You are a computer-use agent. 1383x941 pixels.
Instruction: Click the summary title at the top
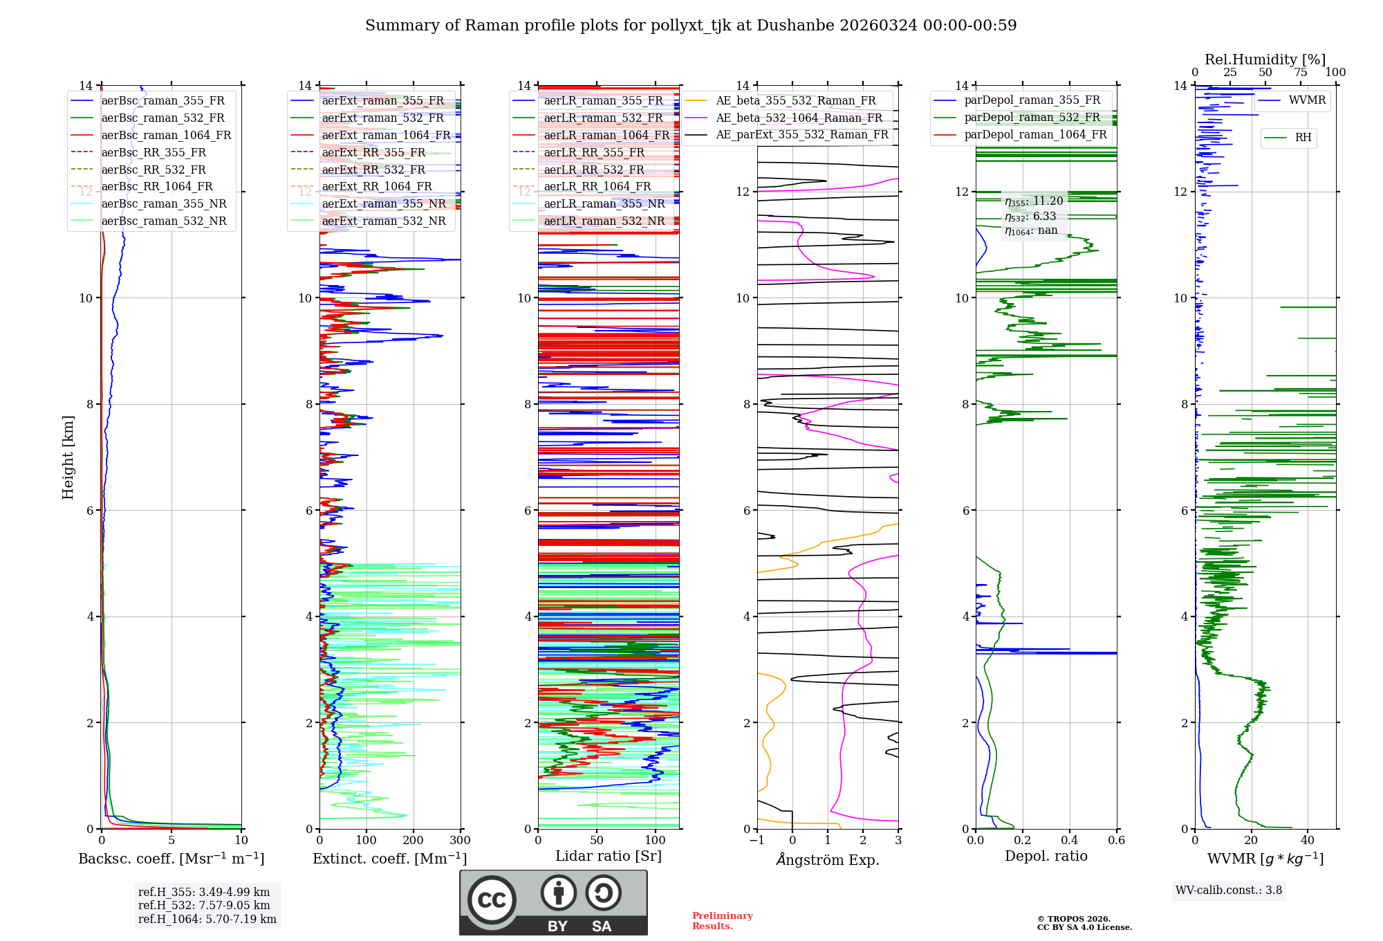coord(691,26)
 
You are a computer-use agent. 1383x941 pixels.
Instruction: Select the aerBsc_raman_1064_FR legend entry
coord(166,135)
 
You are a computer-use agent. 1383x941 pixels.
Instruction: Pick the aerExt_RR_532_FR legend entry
coord(373,170)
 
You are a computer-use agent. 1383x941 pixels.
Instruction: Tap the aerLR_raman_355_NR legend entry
coord(604,203)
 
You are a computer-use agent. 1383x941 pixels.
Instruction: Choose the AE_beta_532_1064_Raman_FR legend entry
coord(799,118)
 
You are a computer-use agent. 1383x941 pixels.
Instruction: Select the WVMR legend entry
coord(1307,100)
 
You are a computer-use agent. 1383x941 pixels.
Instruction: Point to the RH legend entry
coord(1303,138)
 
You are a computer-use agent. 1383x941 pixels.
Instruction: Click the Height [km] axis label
coord(68,457)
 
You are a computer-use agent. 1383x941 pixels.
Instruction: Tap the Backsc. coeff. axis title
coord(171,859)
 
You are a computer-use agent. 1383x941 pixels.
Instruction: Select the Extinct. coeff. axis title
coord(389,859)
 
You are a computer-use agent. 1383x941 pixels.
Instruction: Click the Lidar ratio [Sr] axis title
coord(608,856)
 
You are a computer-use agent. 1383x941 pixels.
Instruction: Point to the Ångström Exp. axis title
coord(827,859)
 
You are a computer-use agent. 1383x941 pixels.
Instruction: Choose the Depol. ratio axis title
coord(1046,856)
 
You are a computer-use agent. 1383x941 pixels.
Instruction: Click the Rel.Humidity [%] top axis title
coord(1265,60)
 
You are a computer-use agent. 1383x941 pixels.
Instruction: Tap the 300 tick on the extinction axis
coord(460,841)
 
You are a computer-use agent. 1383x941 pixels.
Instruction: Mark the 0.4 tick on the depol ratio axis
coord(1070,841)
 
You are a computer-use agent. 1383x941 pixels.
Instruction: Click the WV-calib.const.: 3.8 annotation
coord(1228,890)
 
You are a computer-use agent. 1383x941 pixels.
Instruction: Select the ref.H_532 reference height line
coord(204,906)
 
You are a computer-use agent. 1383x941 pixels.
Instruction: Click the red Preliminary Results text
coord(722,921)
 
